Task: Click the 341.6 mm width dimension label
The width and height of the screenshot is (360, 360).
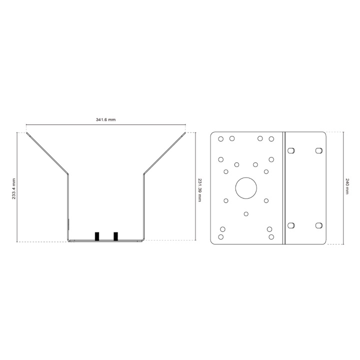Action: [x=105, y=119]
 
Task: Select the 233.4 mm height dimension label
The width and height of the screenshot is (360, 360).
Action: [x=14, y=188]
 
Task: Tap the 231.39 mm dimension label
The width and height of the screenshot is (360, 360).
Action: [x=199, y=190]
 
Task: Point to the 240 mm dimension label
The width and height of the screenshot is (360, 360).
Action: [x=347, y=186]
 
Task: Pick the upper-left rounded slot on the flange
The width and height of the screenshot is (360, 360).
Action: [x=291, y=150]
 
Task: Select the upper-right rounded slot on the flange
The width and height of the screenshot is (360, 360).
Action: [x=319, y=150]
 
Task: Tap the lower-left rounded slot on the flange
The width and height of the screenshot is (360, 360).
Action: [x=291, y=225]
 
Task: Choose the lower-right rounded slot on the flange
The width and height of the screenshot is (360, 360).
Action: [x=319, y=225]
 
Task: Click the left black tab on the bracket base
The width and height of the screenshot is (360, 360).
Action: [x=97, y=236]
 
